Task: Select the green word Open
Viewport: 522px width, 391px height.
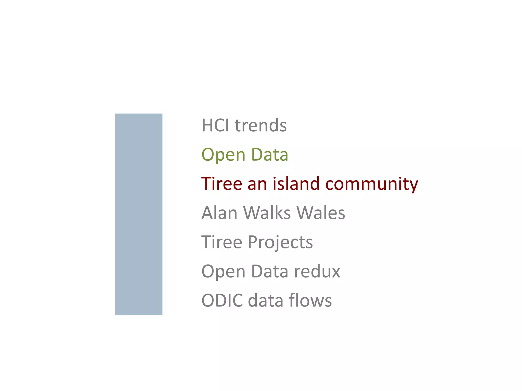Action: pos(223,155)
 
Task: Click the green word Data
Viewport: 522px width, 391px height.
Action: pos(270,155)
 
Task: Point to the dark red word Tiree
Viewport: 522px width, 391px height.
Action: pos(221,184)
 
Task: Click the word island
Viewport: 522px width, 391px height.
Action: pos(296,184)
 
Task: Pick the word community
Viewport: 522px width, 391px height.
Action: pos(372,184)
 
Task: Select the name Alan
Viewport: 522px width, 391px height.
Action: pos(219,213)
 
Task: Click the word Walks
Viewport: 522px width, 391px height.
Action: pos(267,213)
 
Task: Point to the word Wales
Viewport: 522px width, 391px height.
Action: pos(321,213)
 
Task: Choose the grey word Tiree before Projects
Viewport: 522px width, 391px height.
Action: pos(221,242)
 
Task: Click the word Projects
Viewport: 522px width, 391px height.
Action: pos(280,242)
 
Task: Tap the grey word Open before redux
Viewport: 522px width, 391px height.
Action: pos(223,271)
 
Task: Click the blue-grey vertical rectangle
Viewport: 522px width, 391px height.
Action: pos(139,214)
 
